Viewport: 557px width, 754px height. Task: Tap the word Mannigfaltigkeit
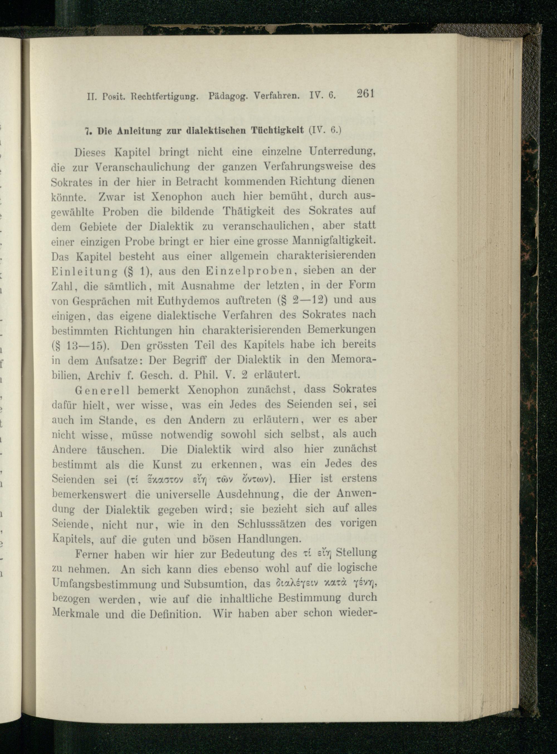pyautogui.click(x=334, y=241)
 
